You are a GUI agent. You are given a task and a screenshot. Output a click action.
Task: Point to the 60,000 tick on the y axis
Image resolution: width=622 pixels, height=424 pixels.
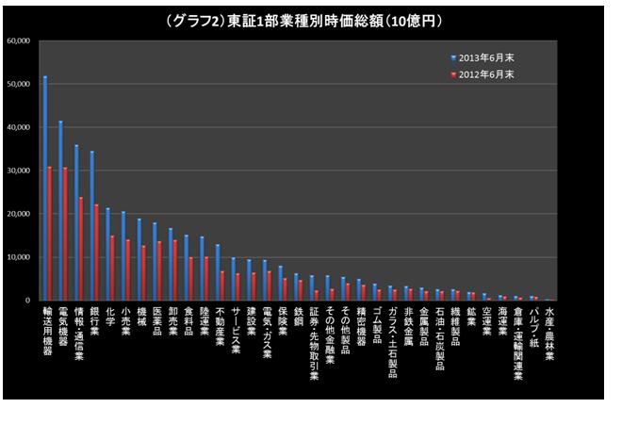(19, 41)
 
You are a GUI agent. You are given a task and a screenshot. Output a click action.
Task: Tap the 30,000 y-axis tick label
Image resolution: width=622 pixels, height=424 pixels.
(19, 171)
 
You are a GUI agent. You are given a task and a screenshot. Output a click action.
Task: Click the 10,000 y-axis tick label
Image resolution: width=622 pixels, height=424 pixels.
(19, 257)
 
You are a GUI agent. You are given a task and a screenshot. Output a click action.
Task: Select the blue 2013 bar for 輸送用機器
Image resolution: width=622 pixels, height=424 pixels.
(45, 188)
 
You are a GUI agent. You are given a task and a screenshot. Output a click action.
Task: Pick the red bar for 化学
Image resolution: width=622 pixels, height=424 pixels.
(112, 268)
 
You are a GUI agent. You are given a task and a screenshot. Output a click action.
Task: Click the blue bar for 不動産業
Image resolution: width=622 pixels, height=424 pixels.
(217, 272)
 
